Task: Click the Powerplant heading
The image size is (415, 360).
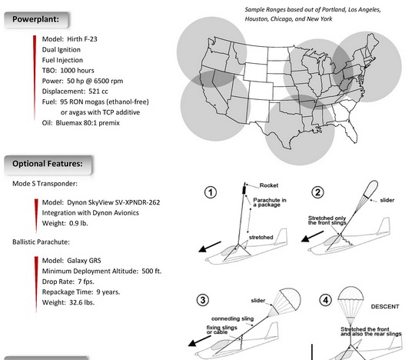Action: [35, 19]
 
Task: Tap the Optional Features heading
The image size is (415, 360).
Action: [48, 164]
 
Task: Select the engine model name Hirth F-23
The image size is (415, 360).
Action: [82, 39]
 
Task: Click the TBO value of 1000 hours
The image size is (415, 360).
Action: [78, 71]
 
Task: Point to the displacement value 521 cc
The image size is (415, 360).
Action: [98, 92]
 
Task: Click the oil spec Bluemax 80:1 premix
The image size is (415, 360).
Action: [88, 123]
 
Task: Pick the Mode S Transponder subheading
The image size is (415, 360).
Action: [45, 184]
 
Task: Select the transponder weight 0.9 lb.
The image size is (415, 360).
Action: [78, 223]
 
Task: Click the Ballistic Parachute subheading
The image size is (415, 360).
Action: [41, 242]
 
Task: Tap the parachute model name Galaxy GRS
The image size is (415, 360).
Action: [84, 261]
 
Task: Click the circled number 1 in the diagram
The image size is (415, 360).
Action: [211, 192]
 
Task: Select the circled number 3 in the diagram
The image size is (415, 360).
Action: [203, 300]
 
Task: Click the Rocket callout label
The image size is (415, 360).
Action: [269, 185]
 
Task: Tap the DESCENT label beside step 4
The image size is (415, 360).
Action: [385, 306]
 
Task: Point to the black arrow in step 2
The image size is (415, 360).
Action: [312, 237]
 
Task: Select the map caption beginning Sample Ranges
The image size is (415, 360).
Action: [313, 15]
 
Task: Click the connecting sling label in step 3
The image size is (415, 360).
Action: [233, 318]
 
